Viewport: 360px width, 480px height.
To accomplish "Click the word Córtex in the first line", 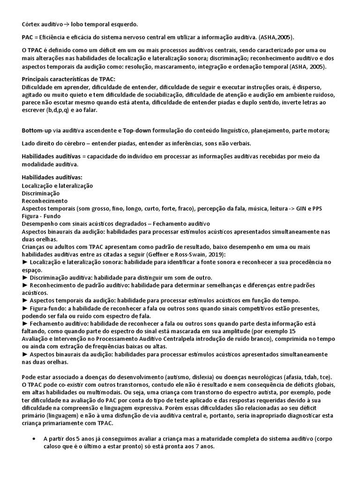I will [x=30, y=24].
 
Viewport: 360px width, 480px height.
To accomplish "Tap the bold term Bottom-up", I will [x=37, y=130].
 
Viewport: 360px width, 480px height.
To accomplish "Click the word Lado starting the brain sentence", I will [x=29, y=143].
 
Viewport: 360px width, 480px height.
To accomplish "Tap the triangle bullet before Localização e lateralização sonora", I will [x=25, y=262].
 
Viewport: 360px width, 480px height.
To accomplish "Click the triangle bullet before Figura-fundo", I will [x=25, y=308].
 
